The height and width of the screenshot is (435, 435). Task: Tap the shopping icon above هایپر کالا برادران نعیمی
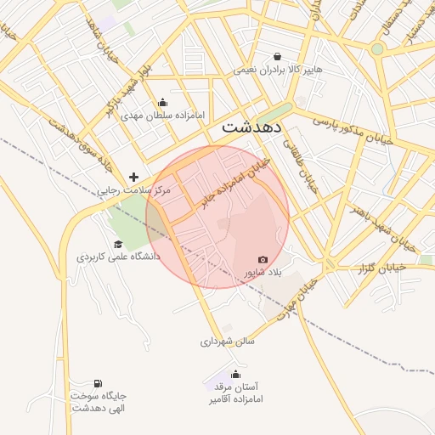[278, 56]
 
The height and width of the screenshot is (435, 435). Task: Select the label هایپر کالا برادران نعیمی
[278, 69]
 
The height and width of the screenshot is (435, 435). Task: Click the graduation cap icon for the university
[117, 245]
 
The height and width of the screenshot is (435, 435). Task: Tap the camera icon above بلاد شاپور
[263, 260]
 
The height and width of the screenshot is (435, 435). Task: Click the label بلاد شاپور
[262, 274]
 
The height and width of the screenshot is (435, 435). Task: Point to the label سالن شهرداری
[228, 342]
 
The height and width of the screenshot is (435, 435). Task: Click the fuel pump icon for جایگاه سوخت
[99, 383]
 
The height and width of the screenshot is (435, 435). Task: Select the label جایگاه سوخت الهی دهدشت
[99, 402]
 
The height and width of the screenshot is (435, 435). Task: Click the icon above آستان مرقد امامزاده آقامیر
[236, 374]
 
